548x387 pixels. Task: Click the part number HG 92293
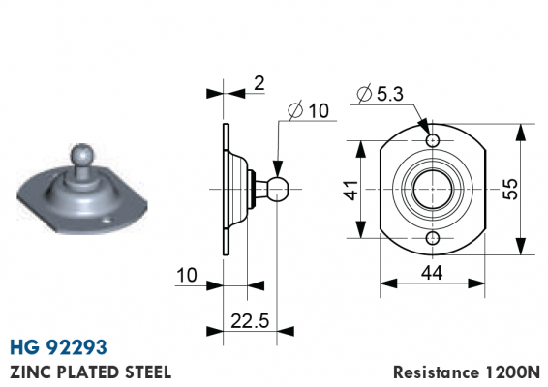pyautogui.click(x=58, y=346)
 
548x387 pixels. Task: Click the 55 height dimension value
pyautogui.click(x=510, y=189)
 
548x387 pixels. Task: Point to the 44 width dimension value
pyautogui.click(x=432, y=273)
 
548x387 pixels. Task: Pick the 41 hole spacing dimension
pyautogui.click(x=350, y=190)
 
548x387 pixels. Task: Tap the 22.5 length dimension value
pyautogui.click(x=250, y=321)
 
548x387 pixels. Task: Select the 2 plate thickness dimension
pyautogui.click(x=259, y=84)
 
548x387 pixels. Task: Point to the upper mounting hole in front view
pyautogui.click(x=433, y=140)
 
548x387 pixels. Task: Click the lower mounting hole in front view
pyautogui.click(x=433, y=238)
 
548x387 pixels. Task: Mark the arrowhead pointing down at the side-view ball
pyautogui.click(x=278, y=169)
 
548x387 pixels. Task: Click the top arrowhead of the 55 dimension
pyautogui.click(x=521, y=133)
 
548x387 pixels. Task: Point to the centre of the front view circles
pyautogui.click(x=433, y=189)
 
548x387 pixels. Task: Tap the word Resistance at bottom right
pyautogui.click(x=436, y=372)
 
